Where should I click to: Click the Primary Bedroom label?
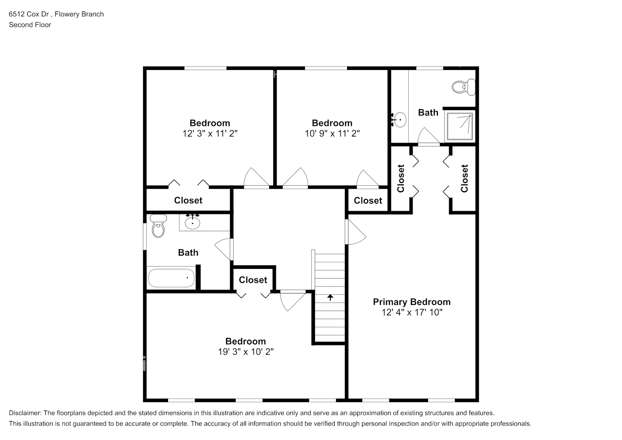(411, 302)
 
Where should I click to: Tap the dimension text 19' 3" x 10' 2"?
(245, 352)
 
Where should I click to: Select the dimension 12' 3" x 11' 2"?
(210, 133)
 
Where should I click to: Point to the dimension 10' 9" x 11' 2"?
(332, 133)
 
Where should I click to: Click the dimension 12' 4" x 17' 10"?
(411, 312)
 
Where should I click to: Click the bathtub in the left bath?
(171, 278)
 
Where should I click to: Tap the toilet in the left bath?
(158, 226)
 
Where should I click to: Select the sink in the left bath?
(192, 223)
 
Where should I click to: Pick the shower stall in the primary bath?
(460, 126)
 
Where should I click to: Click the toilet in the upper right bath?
(463, 86)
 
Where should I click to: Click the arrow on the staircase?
(330, 297)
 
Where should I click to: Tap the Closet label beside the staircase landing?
(253, 280)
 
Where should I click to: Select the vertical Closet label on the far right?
(464, 178)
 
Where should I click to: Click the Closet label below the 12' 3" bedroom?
(188, 200)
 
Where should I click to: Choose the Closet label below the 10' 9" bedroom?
(368, 201)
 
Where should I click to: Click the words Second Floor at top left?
(30, 25)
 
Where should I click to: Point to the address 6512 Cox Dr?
(29, 14)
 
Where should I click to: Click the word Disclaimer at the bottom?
(25, 413)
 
